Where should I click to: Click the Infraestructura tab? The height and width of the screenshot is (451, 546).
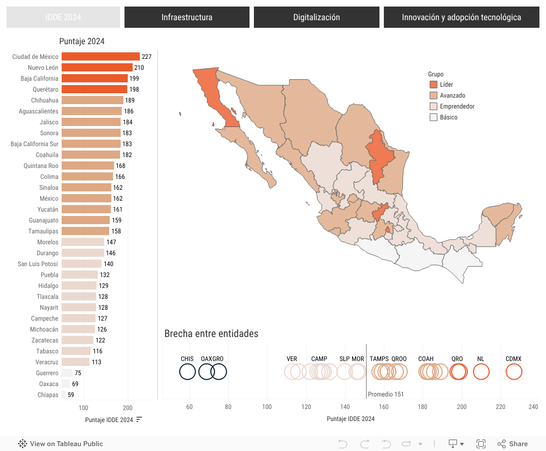point(187,17)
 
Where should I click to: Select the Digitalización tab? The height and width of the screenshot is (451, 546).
point(316,17)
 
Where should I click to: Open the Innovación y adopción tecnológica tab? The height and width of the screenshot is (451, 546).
point(461,17)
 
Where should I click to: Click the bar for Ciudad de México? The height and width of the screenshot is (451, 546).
point(100,57)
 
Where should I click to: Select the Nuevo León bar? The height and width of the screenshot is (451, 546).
point(97,68)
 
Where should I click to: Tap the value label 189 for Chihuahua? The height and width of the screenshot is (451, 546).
point(130,100)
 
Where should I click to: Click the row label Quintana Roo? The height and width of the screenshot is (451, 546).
point(41,166)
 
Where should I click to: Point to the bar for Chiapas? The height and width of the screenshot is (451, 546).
point(63,395)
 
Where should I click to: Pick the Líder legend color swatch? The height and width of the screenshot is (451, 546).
point(434,85)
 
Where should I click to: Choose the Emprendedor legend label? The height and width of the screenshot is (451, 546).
point(457,106)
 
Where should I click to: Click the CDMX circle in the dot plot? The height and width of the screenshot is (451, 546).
point(514,372)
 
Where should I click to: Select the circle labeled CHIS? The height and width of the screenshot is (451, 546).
point(187,372)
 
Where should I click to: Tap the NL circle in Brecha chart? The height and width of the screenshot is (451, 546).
point(481,372)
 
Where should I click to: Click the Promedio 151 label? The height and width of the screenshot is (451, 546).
point(385,394)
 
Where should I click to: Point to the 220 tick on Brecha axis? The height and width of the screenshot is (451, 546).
point(501,407)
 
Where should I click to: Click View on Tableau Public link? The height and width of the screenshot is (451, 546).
point(61,444)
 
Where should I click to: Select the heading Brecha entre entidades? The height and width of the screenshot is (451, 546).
point(211,334)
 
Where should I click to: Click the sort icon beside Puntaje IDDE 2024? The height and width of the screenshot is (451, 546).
point(139,419)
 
